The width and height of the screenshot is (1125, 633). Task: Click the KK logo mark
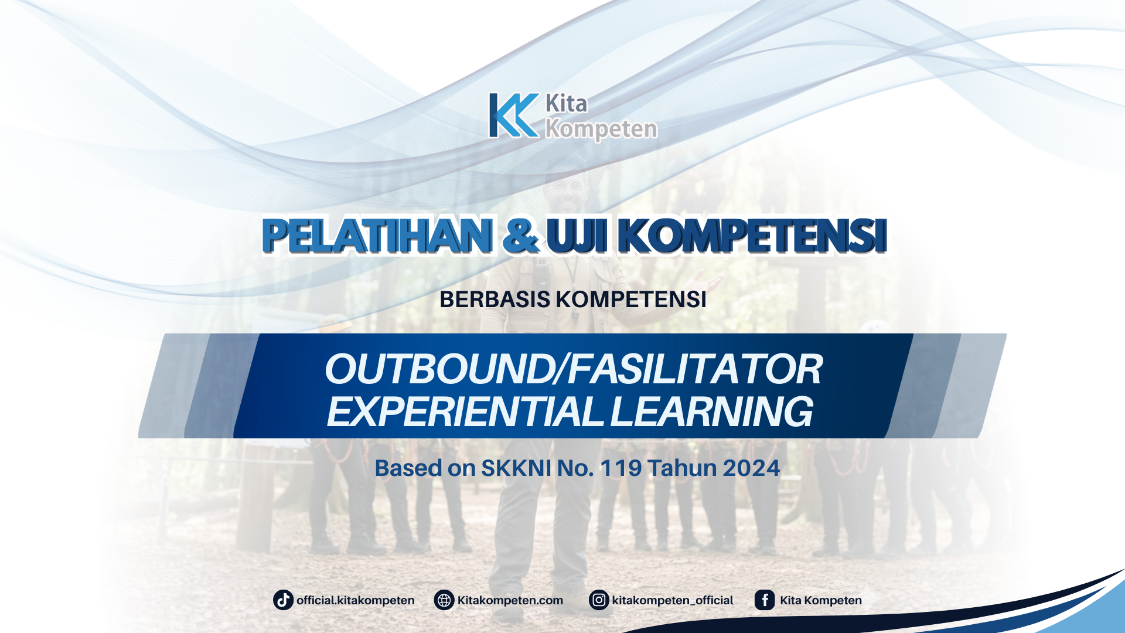[513, 115]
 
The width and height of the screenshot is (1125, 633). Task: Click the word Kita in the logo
[566, 104]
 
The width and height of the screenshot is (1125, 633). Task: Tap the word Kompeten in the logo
[601, 129]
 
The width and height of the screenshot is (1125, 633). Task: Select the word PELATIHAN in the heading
[377, 236]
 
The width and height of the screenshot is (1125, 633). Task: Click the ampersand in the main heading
[521, 236]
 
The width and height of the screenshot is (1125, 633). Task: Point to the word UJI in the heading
[577, 236]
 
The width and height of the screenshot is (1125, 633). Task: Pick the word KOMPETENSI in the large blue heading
[752, 236]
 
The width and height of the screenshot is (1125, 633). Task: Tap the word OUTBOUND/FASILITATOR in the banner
[573, 369]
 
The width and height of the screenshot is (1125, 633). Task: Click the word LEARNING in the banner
[711, 411]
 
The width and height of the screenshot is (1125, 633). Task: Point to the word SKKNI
[516, 468]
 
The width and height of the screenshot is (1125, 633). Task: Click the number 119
[621, 468]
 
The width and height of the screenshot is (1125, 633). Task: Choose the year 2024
[751, 468]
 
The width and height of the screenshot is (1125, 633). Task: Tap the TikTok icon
[283, 600]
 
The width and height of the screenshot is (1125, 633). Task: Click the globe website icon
[444, 600]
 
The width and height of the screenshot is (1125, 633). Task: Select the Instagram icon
[599, 600]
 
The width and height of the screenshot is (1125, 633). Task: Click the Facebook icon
[765, 600]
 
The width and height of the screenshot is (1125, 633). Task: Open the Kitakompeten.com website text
[510, 600]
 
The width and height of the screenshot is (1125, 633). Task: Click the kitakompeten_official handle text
[672, 600]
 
